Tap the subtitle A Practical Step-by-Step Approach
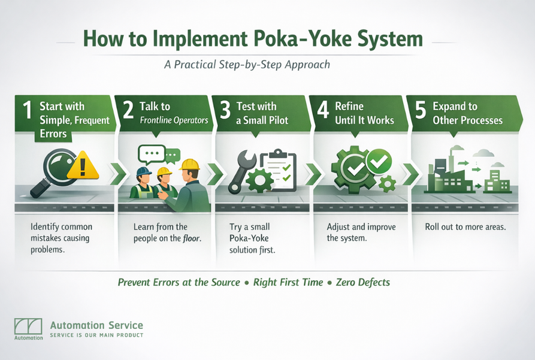coord(247,64)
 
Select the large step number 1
coord(26,111)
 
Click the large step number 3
coord(225,111)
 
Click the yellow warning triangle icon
coord(82,165)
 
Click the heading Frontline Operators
coord(174,120)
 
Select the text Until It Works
coord(364,120)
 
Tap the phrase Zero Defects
coord(362,282)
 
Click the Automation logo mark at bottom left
coord(28,326)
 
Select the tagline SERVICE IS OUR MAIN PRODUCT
coord(96,335)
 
